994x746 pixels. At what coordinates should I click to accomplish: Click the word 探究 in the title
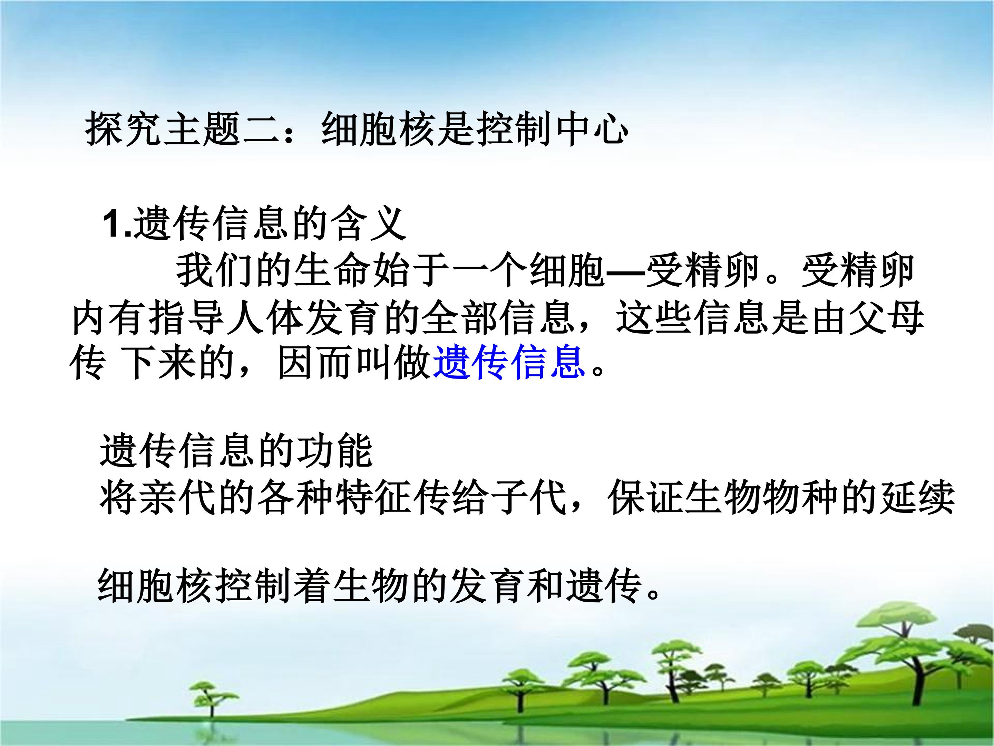pyautogui.click(x=124, y=129)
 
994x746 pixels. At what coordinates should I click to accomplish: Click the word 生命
pyautogui.click(x=332, y=271)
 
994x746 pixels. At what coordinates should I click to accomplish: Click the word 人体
pyautogui.click(x=265, y=318)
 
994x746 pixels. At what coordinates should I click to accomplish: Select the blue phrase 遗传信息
pyautogui.click(x=509, y=362)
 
